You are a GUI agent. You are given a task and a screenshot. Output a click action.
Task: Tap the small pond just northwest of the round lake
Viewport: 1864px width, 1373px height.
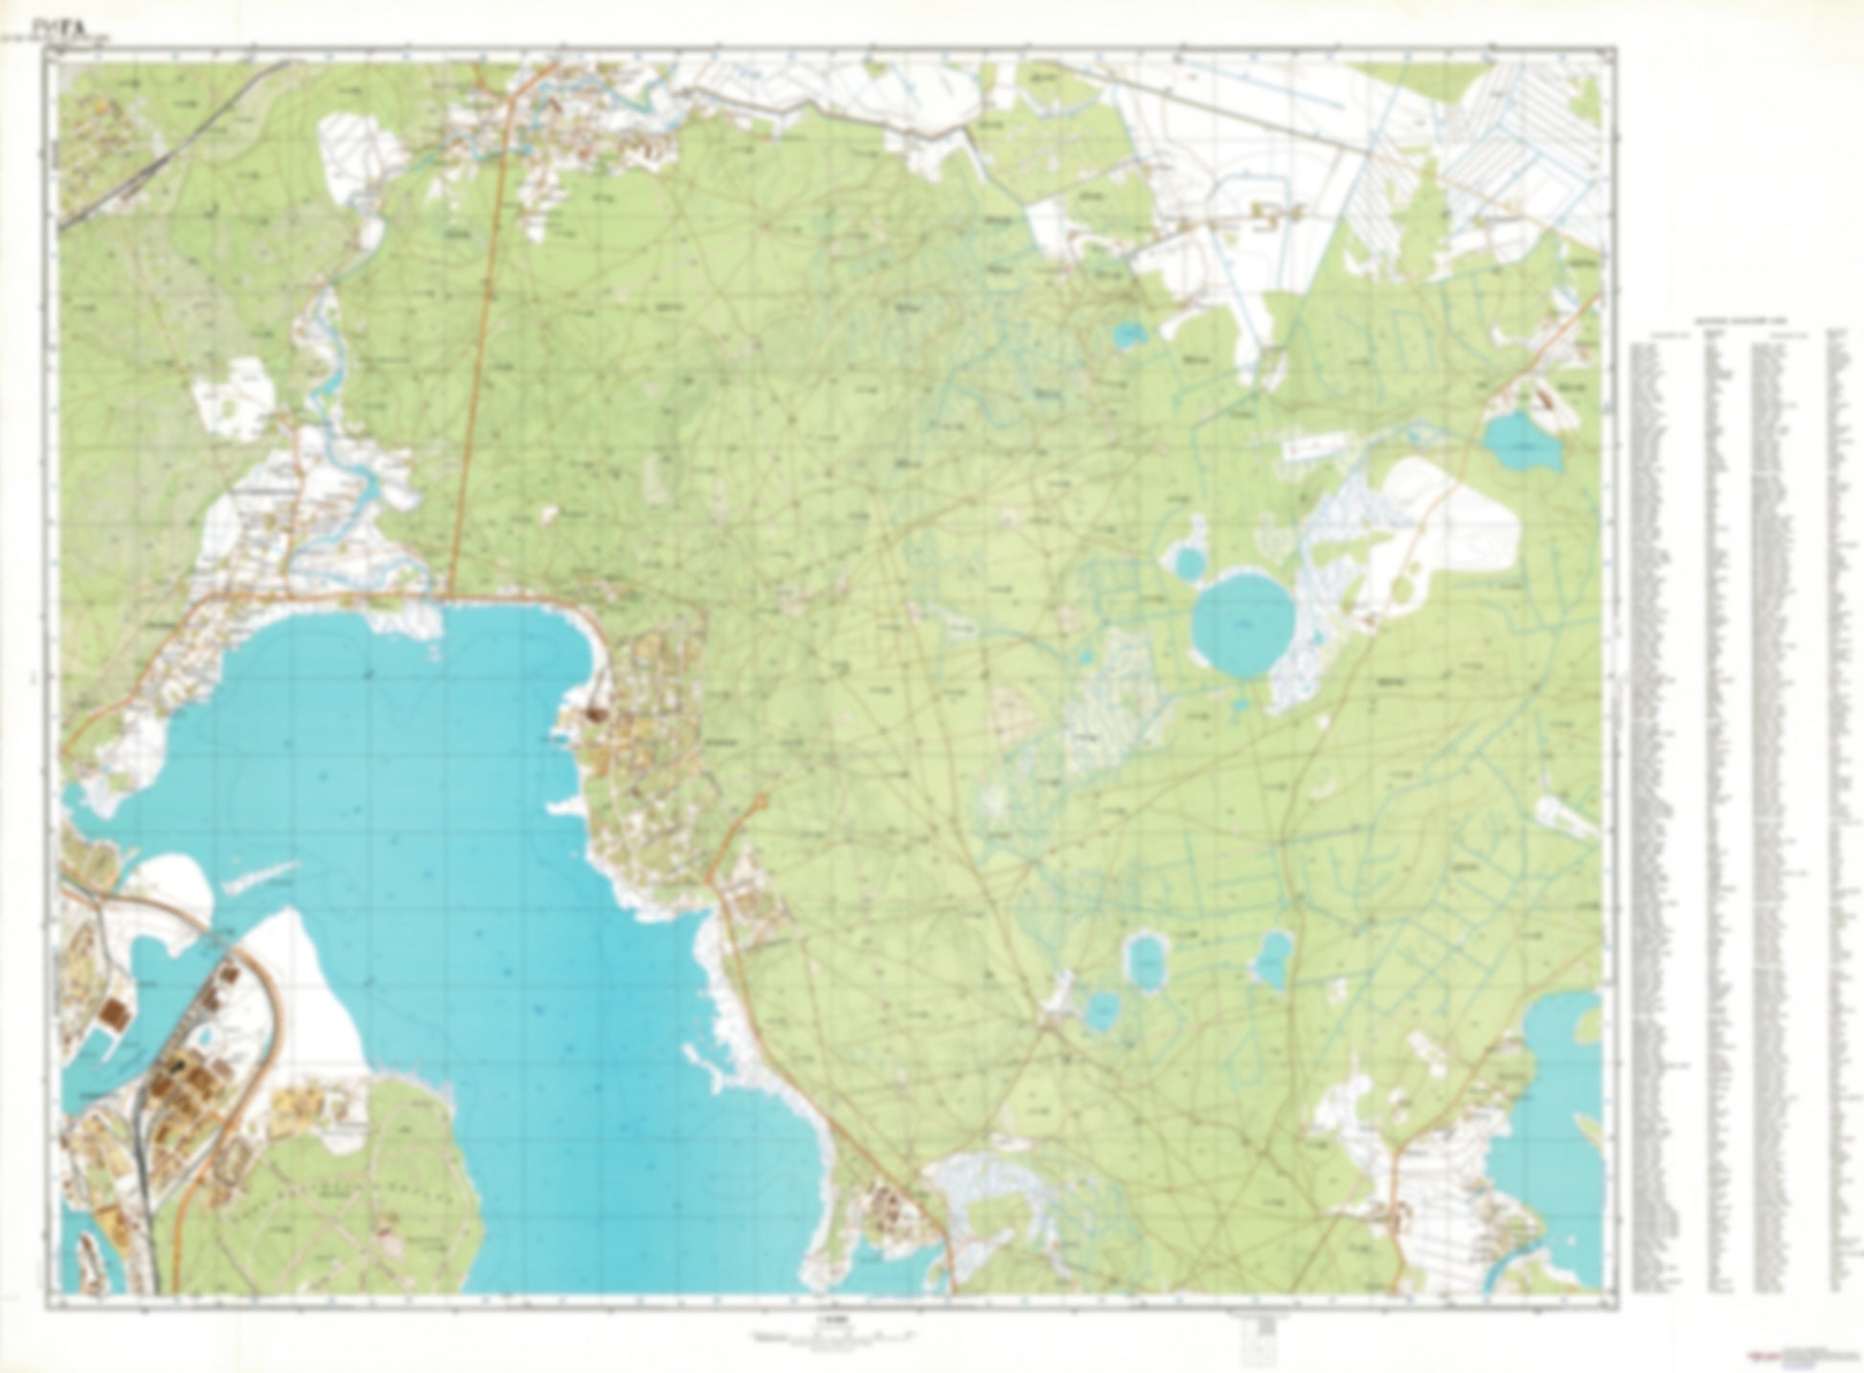pos(1188,562)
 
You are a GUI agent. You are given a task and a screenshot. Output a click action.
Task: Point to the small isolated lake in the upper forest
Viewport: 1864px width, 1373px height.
pos(1130,335)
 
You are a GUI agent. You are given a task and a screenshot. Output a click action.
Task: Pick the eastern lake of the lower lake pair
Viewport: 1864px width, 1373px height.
pos(1273,958)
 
